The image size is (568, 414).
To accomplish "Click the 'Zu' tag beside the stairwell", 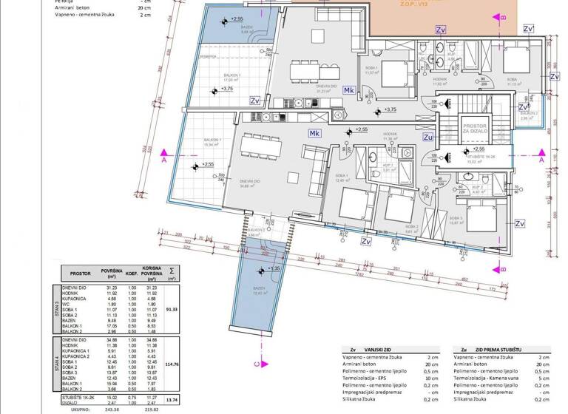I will pos(427,136).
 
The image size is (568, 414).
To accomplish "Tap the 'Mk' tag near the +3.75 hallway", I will pos(349,90).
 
